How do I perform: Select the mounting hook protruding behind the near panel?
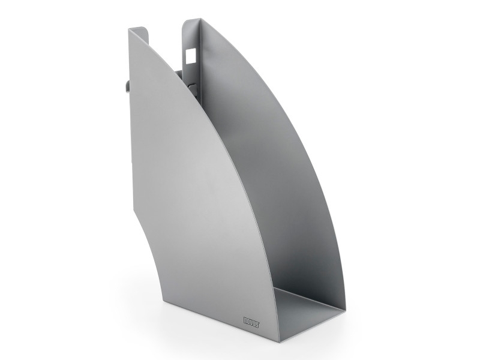pyautogui.click(x=127, y=86)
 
